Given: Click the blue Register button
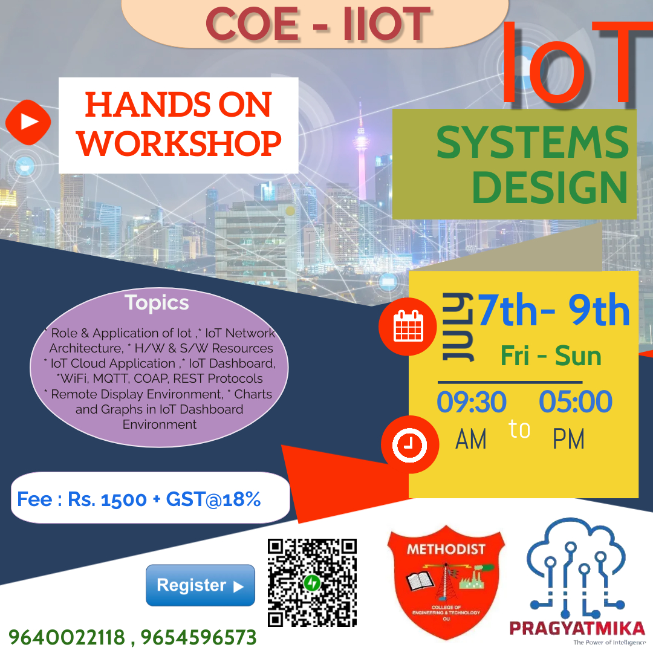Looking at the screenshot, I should (x=200, y=585).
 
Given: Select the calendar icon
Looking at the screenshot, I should (x=409, y=327).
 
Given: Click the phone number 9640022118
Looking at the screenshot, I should (x=67, y=637).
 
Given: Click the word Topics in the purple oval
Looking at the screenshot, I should (x=157, y=302).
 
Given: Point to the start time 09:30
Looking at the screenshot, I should (x=472, y=402).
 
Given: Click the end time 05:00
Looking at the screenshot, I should (x=567, y=402).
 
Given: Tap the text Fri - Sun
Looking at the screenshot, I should (x=551, y=356).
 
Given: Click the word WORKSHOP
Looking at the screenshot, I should (x=181, y=143).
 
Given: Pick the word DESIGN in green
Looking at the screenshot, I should (x=549, y=187).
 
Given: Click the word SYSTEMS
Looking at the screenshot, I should (x=533, y=143).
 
